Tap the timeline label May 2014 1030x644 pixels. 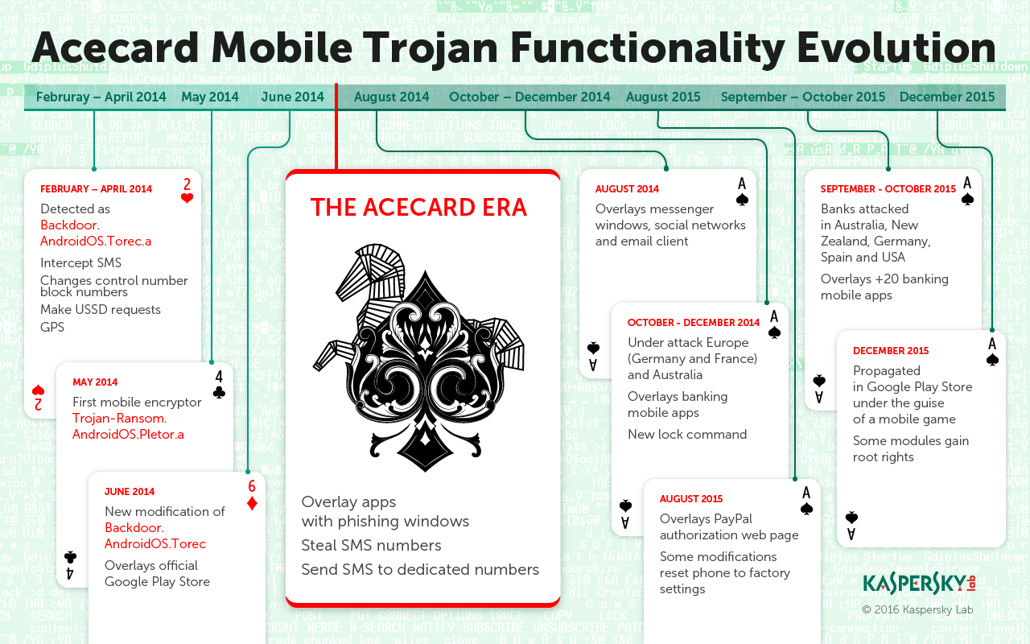pyautogui.click(x=210, y=97)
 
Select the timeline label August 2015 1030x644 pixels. pyautogui.click(x=663, y=97)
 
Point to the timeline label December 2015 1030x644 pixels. pyautogui.click(x=947, y=97)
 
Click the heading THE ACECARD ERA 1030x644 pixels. pyautogui.click(x=418, y=208)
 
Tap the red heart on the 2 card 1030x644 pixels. pyautogui.click(x=187, y=199)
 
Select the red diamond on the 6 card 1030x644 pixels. pyautogui.click(x=252, y=503)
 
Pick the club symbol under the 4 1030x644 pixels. pyautogui.click(x=219, y=392)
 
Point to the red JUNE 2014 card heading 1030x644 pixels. pyautogui.click(x=130, y=492)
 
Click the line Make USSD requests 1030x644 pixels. pyautogui.click(x=101, y=310)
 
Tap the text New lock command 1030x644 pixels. pyautogui.click(x=687, y=435)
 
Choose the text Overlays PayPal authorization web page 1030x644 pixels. pyautogui.click(x=729, y=527)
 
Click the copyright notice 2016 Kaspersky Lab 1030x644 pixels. pyautogui.click(x=917, y=610)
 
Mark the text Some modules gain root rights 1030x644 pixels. pyautogui.click(x=911, y=449)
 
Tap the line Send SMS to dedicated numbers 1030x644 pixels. pyautogui.click(x=420, y=570)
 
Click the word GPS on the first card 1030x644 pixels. pyautogui.click(x=52, y=328)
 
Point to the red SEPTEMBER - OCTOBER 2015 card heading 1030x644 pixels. pyautogui.click(x=888, y=189)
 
